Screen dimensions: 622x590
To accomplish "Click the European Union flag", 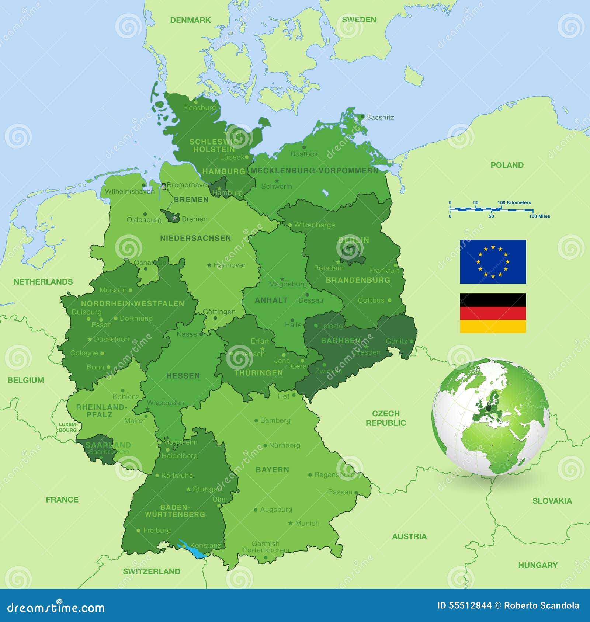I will pyautogui.click(x=493, y=261).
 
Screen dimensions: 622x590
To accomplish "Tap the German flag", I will pyautogui.click(x=493, y=313).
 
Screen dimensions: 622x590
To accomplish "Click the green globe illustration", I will pyautogui.click(x=490, y=416).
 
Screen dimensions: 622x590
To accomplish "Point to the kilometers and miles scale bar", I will pyautogui.click(x=490, y=209).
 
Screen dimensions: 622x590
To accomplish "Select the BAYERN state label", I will pyautogui.click(x=272, y=470).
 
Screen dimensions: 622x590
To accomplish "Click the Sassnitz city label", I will pyautogui.click(x=380, y=117).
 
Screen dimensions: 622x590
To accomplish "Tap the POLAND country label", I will pyautogui.click(x=507, y=165).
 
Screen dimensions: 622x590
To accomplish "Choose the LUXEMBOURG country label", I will pyautogui.click(x=68, y=427).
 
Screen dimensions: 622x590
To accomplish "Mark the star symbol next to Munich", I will pyautogui.click(x=291, y=523).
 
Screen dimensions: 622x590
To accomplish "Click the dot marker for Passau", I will pyautogui.click(x=356, y=492).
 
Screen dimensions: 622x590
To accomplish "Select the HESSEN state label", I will pyautogui.click(x=183, y=376).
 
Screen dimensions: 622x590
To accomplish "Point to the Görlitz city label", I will pyautogui.click(x=396, y=341).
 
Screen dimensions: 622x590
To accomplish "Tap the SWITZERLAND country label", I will pyautogui.click(x=152, y=571).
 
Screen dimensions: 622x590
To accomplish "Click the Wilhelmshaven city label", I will pyautogui.click(x=129, y=191).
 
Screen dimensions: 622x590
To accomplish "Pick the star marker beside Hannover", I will pyautogui.click(x=209, y=265).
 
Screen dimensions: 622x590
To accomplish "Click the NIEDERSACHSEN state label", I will pyautogui.click(x=195, y=238).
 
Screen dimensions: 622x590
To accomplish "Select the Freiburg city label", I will pyautogui.click(x=157, y=530).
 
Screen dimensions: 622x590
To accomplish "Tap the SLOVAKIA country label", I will pyautogui.click(x=552, y=501).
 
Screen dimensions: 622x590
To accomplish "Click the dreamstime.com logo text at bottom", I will pyautogui.click(x=56, y=608).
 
